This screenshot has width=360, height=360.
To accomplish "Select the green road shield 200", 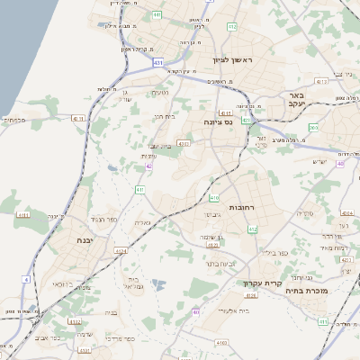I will (312, 127).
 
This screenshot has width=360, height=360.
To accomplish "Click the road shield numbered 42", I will (148, 166).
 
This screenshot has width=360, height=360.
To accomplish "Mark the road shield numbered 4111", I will (76, 118).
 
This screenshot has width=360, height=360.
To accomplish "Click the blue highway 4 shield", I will (26, 280).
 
